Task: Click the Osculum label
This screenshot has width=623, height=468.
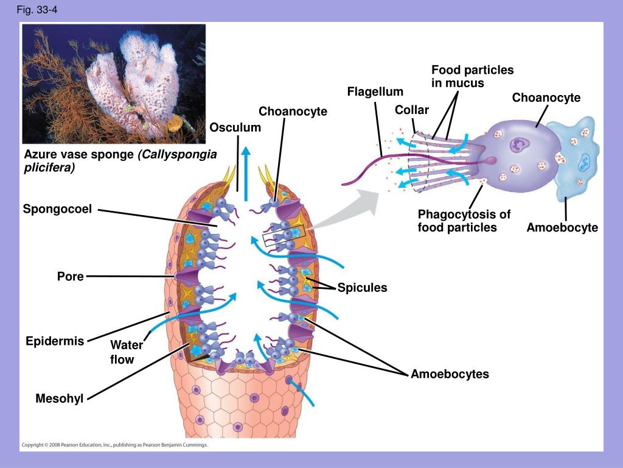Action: point(235,127)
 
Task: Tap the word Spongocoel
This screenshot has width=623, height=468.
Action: point(57,210)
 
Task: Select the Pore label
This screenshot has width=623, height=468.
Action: point(70,277)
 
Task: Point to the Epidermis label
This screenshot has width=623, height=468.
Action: point(54,341)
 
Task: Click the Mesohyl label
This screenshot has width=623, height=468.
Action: point(59,400)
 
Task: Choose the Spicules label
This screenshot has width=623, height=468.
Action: point(362,288)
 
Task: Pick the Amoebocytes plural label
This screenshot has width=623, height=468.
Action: point(449,374)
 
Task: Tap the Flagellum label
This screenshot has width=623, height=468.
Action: point(375,92)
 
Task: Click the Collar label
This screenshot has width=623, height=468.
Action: point(411,110)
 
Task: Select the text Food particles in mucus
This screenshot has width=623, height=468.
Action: point(472,76)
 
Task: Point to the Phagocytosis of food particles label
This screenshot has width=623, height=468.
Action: point(464,221)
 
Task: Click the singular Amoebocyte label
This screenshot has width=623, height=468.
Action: point(562,228)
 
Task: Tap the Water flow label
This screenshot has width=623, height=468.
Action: point(126,352)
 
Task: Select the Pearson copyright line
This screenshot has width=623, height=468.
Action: point(114,445)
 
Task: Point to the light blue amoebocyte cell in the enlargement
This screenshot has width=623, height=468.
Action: point(574,158)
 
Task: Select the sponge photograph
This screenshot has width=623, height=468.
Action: point(113,83)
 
